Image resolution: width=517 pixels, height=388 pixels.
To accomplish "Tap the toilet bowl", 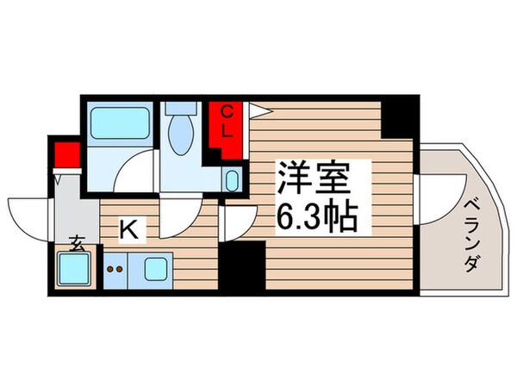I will [181, 135].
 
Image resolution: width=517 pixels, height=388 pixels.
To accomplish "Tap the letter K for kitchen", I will [128, 229].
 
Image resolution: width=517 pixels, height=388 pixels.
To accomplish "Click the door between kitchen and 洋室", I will [230, 222].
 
